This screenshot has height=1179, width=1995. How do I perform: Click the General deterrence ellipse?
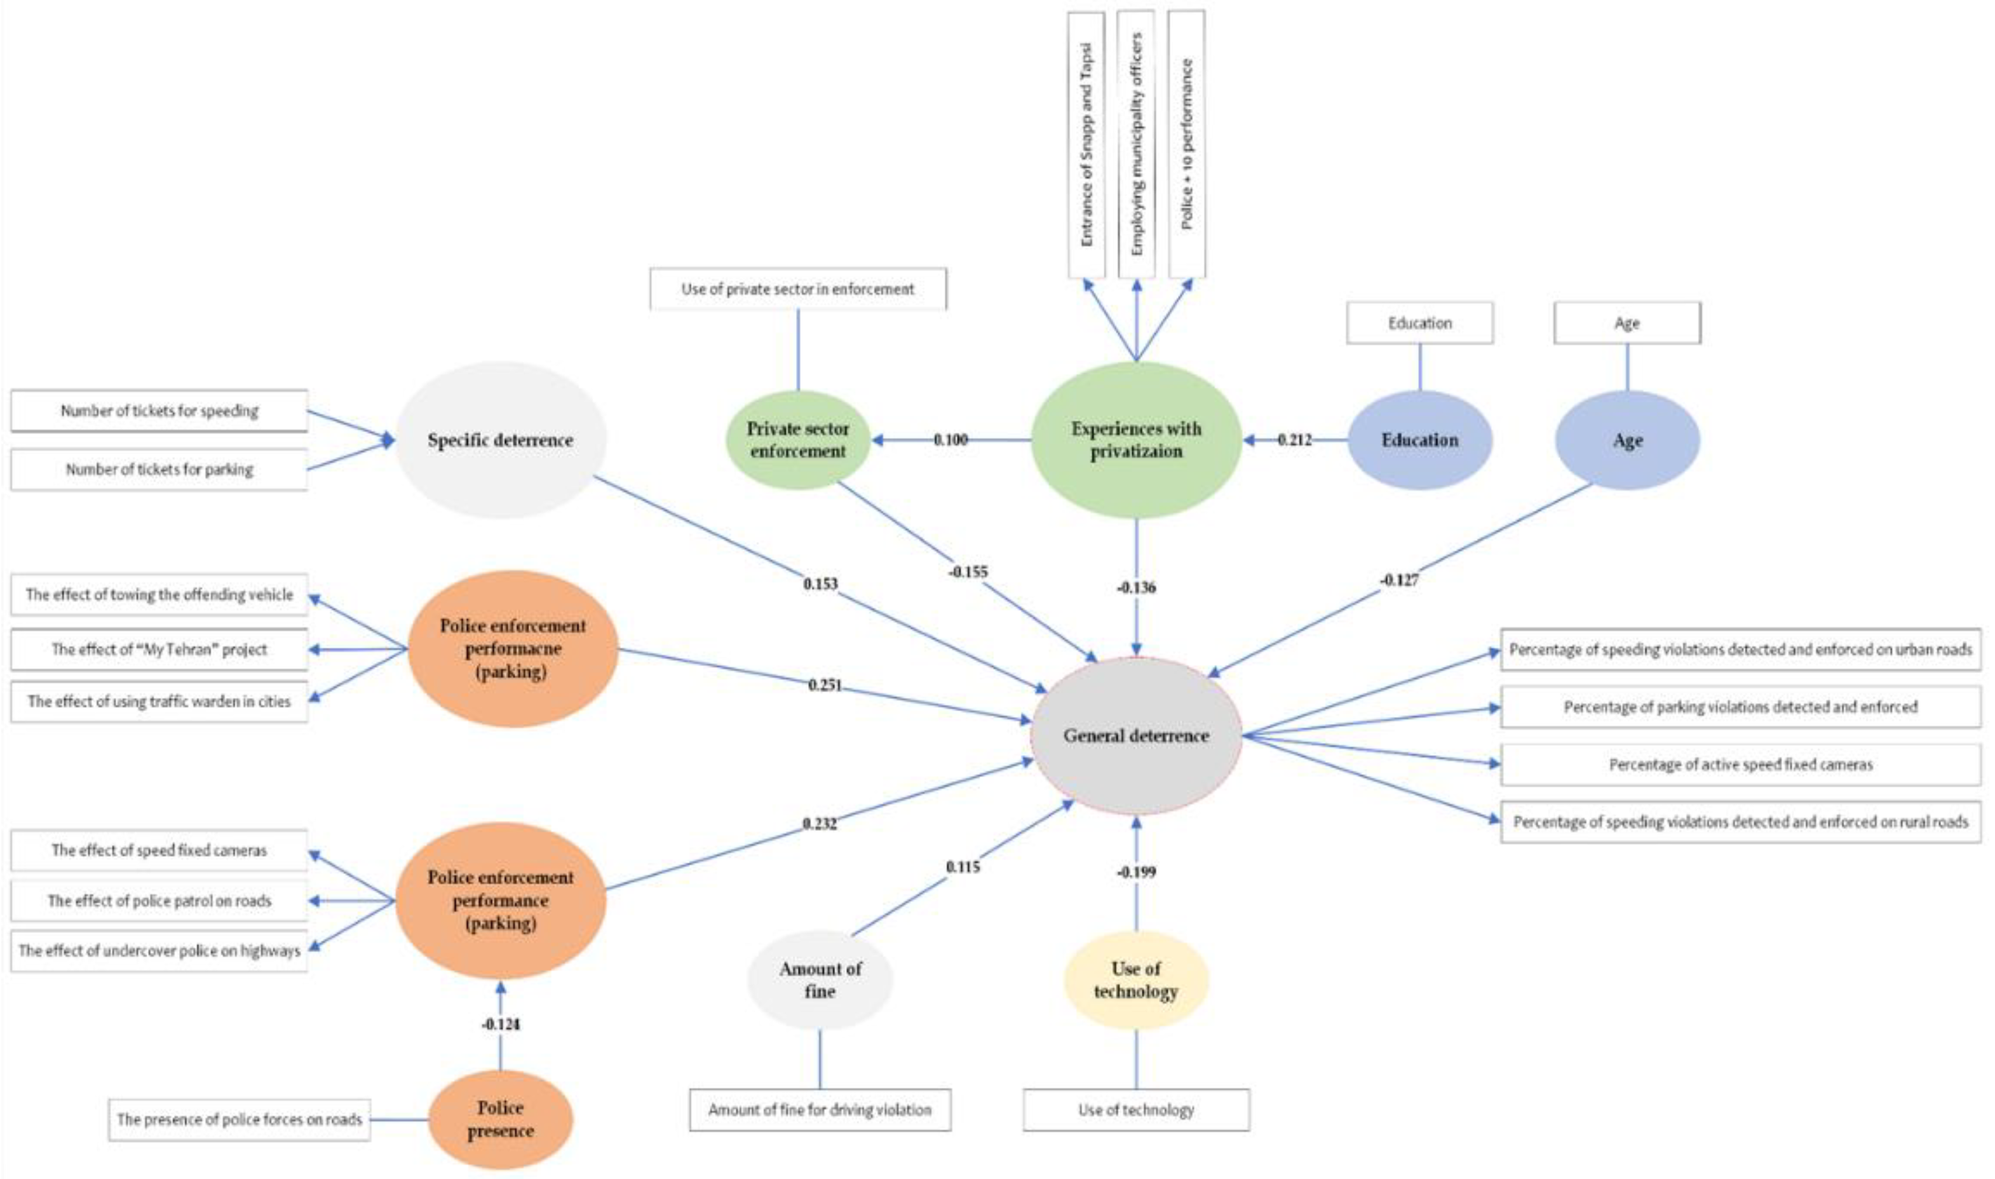[x=1136, y=736]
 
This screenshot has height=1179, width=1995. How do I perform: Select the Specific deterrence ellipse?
[x=501, y=440]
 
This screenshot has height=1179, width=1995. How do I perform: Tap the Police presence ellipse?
[x=501, y=1119]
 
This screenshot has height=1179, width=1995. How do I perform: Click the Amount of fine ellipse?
[x=820, y=979]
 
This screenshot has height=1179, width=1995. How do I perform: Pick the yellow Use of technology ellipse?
[x=1136, y=979]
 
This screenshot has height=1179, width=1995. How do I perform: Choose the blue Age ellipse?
[x=1627, y=440]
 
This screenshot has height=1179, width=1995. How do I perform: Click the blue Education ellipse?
[x=1419, y=440]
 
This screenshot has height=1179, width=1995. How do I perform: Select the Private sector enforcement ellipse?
[x=798, y=439]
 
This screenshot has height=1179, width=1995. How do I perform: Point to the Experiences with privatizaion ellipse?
[x=1136, y=439]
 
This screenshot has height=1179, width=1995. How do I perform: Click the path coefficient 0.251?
[x=825, y=685]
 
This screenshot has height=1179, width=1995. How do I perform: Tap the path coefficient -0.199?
[x=1136, y=871]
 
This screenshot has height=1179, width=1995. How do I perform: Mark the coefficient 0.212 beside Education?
[x=1295, y=439]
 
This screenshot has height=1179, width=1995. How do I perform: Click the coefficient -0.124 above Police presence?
[x=501, y=1024]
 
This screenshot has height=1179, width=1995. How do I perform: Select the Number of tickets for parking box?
[x=159, y=470]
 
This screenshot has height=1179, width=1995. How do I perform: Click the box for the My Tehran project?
[x=159, y=650]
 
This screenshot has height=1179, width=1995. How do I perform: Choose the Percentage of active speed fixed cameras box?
[x=1740, y=764]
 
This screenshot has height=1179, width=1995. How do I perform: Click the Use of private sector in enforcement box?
[x=797, y=289]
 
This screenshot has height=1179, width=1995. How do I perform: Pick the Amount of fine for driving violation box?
[x=820, y=1110]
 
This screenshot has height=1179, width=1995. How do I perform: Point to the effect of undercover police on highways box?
[x=159, y=951]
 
